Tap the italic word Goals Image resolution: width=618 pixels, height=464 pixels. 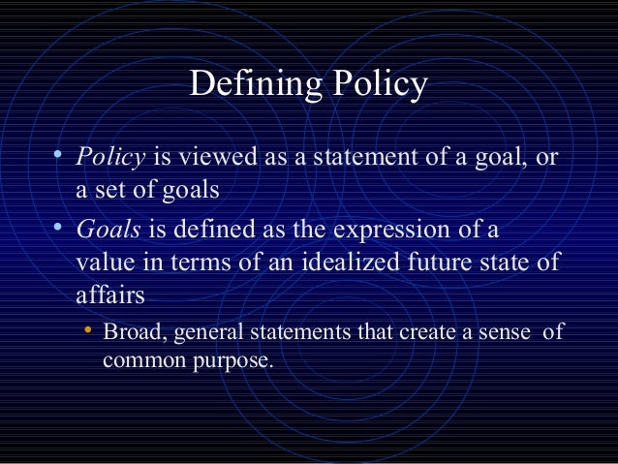[x=105, y=232]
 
